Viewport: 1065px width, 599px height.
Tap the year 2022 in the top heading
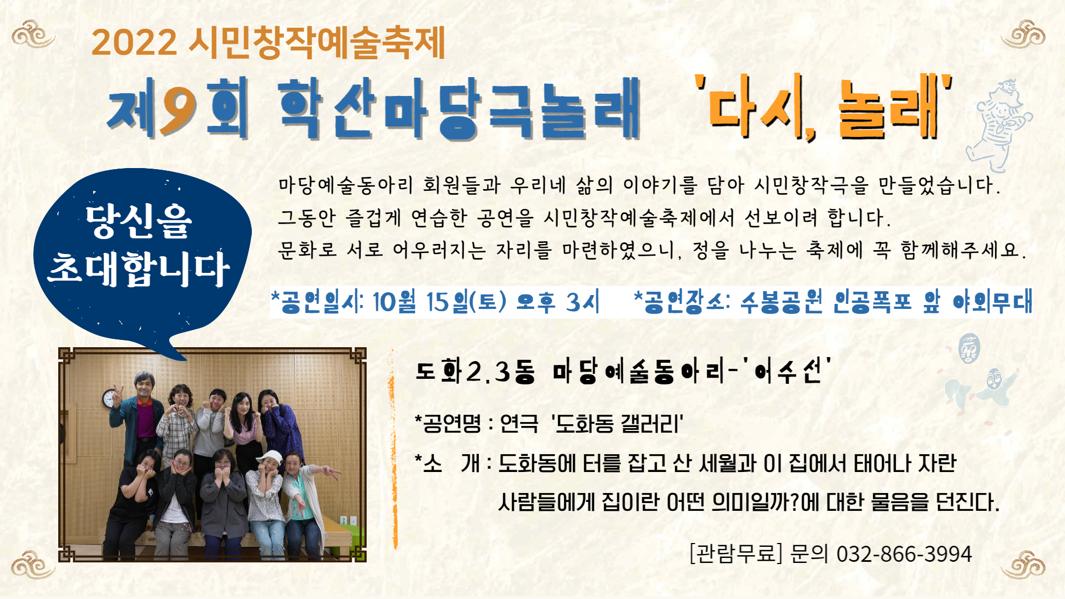tap(134, 42)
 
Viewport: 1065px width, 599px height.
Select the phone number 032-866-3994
tap(904, 554)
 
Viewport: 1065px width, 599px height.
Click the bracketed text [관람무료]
tap(736, 554)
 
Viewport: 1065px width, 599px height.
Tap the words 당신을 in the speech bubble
tap(139, 222)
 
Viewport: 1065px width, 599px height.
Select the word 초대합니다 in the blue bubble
tap(139, 269)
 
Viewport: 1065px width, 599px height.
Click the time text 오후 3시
tap(558, 302)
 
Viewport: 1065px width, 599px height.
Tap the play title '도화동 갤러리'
tap(617, 424)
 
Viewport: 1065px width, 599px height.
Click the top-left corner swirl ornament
tap(33, 34)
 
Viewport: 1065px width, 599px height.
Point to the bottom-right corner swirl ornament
tap(1023, 565)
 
